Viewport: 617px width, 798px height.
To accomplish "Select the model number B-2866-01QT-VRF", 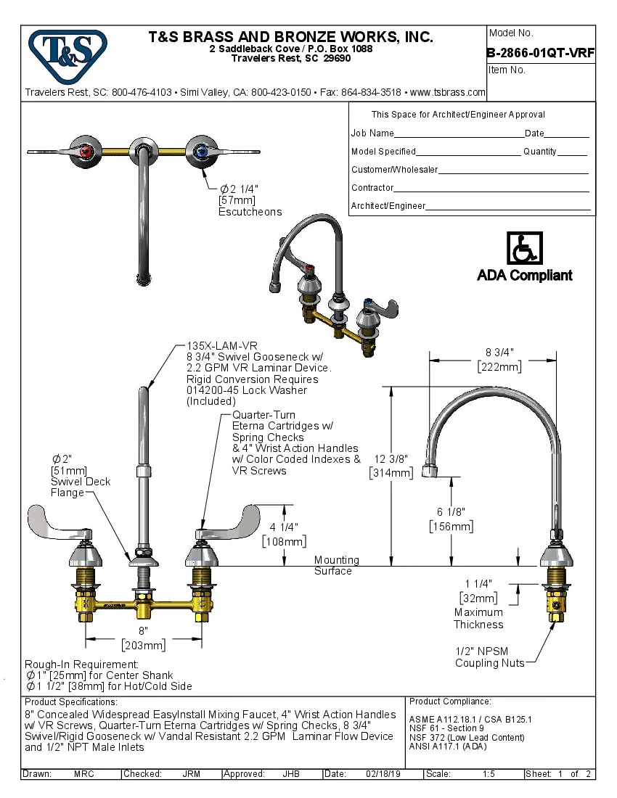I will tap(541, 52).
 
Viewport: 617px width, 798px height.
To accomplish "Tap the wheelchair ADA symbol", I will tap(524, 249).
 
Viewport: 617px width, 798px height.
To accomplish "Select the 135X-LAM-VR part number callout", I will tap(222, 346).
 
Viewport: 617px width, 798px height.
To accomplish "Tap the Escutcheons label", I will tap(250, 212).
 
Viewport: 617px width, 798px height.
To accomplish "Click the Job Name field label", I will tap(372, 133).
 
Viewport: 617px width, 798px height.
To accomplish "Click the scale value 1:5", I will tap(489, 774).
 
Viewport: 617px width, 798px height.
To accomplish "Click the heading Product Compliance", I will tap(450, 702).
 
